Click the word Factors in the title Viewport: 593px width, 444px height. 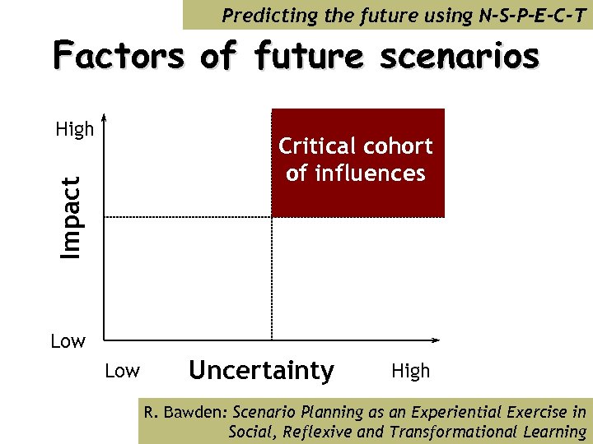point(119,57)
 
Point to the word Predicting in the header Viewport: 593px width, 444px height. point(263,14)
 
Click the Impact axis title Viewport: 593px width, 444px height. point(73,217)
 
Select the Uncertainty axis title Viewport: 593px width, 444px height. point(261,371)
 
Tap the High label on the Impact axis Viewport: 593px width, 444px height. point(74,130)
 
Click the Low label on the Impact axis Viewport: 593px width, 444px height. point(68,341)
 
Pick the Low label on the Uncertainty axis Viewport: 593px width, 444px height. point(122,372)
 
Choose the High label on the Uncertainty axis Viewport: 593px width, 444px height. point(410,372)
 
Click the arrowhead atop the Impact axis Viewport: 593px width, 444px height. point(103,117)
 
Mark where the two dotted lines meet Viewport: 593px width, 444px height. point(271,217)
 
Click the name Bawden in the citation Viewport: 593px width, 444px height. point(201,413)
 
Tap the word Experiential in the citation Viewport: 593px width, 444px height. point(469,413)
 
